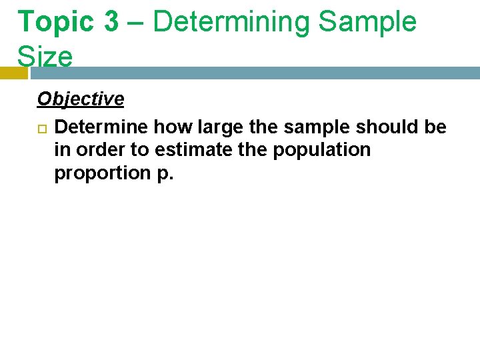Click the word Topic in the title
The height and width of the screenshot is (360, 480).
56,22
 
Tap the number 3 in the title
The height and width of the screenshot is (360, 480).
111,22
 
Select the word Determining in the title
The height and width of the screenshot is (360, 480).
231,22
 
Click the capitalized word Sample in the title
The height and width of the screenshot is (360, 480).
367,22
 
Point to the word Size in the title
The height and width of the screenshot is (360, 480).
45,57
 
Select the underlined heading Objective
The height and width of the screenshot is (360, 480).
81,99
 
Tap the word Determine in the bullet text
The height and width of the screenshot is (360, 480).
102,126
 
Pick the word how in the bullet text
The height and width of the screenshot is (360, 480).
171,126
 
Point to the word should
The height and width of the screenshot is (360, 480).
389,126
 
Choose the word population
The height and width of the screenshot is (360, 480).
321,150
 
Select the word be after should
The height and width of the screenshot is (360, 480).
435,126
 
